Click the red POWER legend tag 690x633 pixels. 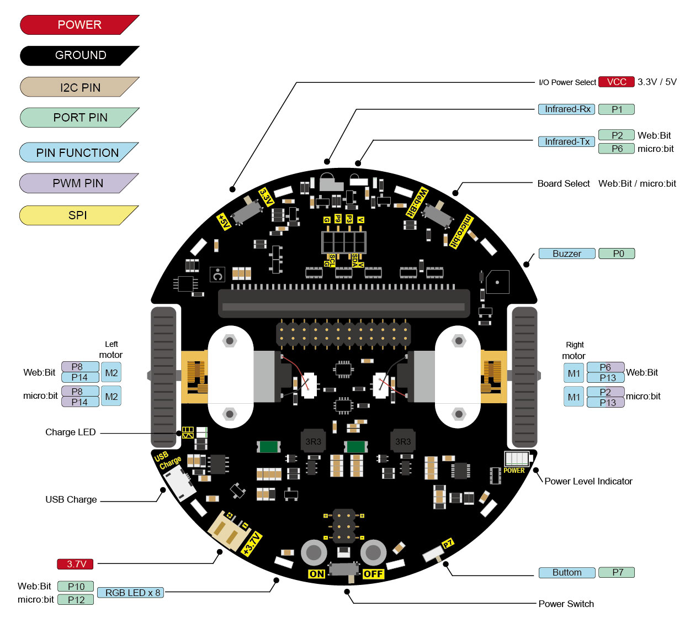pyautogui.click(x=79, y=25)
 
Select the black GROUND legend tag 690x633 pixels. pyautogui.click(x=79, y=55)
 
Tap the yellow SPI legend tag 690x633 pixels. pyautogui.click(x=77, y=215)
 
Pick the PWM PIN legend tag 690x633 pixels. pyautogui.click(x=77, y=183)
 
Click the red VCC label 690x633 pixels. pyautogui.click(x=616, y=82)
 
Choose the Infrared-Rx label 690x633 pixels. pyautogui.click(x=567, y=109)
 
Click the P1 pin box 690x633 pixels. pyautogui.click(x=616, y=109)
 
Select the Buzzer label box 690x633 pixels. pyautogui.click(x=567, y=254)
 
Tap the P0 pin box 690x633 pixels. pyautogui.click(x=617, y=254)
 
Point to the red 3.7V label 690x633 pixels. pyautogui.click(x=76, y=564)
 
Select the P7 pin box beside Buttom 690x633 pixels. pyautogui.click(x=617, y=572)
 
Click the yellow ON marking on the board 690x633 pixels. pyautogui.click(x=317, y=574)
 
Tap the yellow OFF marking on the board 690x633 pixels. pyautogui.click(x=373, y=574)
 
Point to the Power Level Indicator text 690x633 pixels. pyautogui.click(x=588, y=481)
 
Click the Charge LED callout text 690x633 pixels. pyautogui.click(x=70, y=432)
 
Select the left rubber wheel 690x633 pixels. pyautogui.click(x=163, y=377)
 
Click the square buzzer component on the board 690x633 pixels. pyautogui.click(x=497, y=282)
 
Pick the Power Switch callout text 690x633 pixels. pyautogui.click(x=566, y=604)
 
